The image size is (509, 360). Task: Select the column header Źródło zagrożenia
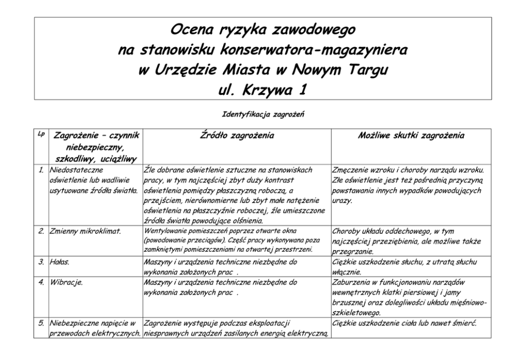click(237, 136)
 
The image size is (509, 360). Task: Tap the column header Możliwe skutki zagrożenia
click(411, 136)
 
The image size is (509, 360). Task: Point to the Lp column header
click(41, 134)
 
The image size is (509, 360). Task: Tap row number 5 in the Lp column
click(41, 324)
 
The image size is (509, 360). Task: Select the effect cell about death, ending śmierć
click(405, 324)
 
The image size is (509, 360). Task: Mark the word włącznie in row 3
click(346, 272)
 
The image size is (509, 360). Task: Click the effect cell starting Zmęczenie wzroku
click(408, 185)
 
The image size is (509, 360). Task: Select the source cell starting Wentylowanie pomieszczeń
click(236, 240)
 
